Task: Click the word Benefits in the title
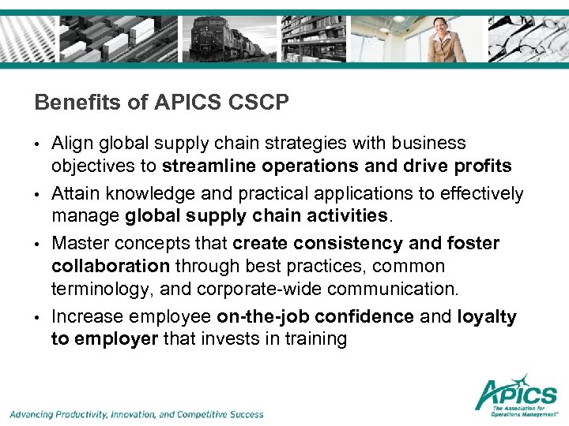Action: click(x=66, y=103)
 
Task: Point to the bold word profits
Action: click(x=481, y=166)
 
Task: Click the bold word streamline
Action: click(x=205, y=166)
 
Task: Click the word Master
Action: click(x=77, y=243)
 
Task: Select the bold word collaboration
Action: click(x=111, y=266)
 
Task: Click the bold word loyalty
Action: click(x=486, y=316)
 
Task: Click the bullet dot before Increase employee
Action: click(x=37, y=317)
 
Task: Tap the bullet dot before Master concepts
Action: click(x=37, y=244)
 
